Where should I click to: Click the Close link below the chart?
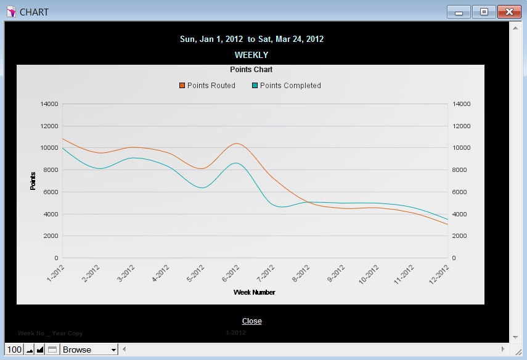pyautogui.click(x=251, y=321)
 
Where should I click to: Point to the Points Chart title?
pyautogui.click(x=251, y=70)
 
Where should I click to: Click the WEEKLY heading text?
pyautogui.click(x=251, y=55)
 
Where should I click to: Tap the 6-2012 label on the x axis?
pyautogui.click(x=231, y=273)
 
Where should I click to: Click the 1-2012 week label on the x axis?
pyautogui.click(x=57, y=273)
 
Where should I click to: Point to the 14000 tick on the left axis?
pyautogui.click(x=49, y=104)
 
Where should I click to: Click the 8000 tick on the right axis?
pyautogui.click(x=461, y=170)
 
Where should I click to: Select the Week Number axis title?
pyautogui.click(x=254, y=292)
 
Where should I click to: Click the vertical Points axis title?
pyautogui.click(x=33, y=181)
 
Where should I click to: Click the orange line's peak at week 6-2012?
pyautogui.click(x=237, y=144)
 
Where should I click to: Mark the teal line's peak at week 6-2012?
pyautogui.click(x=235, y=163)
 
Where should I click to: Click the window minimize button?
pyautogui.click(x=459, y=12)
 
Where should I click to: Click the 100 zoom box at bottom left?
pyautogui.click(x=14, y=350)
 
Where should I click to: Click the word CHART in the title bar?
pyautogui.click(x=34, y=12)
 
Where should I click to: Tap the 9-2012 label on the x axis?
pyautogui.click(x=336, y=273)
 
